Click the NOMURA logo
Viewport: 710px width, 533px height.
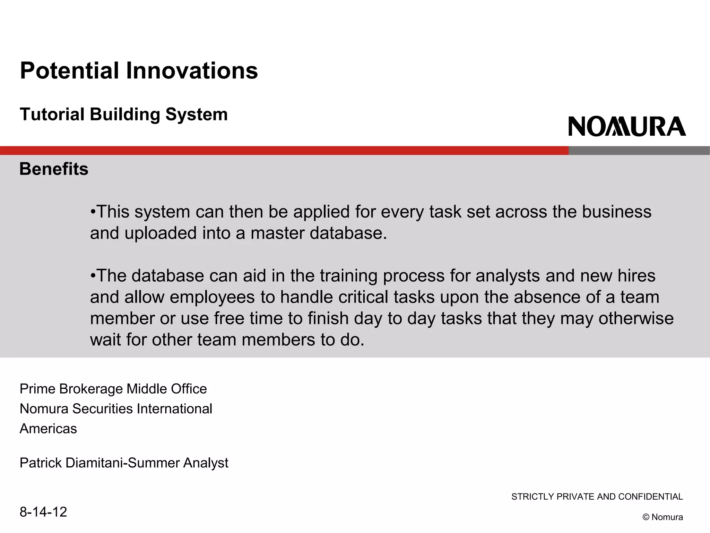click(627, 126)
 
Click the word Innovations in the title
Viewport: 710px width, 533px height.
click(192, 70)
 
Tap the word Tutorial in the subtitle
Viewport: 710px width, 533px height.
click(52, 114)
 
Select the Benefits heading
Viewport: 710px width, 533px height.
click(54, 169)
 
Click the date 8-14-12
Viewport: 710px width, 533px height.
click(43, 512)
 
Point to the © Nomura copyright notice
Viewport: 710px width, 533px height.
click(663, 517)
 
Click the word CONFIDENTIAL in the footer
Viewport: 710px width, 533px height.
click(650, 497)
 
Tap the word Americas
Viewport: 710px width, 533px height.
click(48, 429)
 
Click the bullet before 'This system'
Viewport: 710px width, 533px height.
click(93, 212)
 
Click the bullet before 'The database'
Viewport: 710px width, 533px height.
click(93, 276)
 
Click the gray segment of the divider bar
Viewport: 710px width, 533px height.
click(639, 150)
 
